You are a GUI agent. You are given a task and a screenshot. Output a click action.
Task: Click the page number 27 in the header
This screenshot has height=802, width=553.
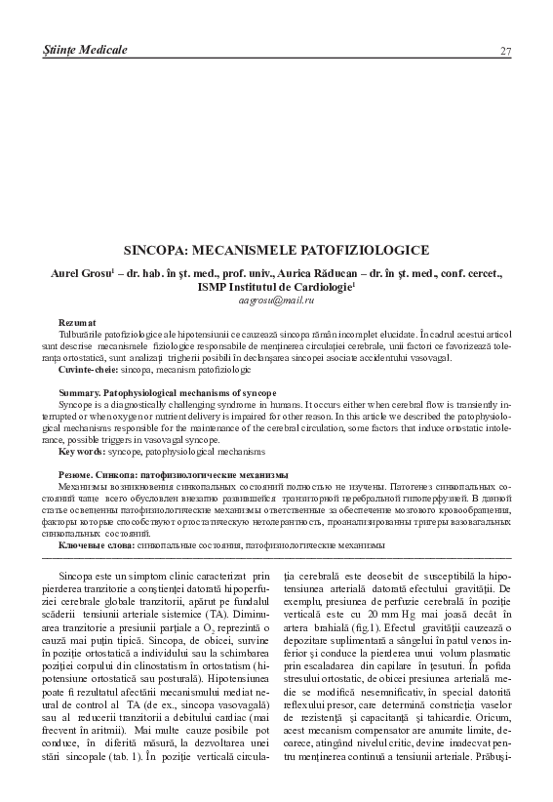click(505, 51)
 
